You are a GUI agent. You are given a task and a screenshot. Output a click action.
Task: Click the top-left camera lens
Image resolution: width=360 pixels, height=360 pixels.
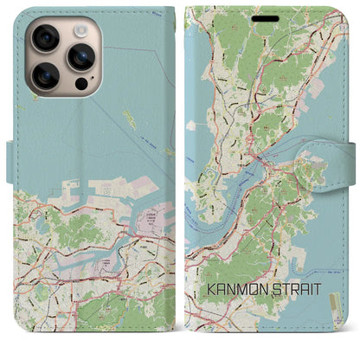coord(45,37)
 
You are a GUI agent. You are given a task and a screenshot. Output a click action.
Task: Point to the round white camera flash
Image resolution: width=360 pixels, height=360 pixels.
coord(80,29)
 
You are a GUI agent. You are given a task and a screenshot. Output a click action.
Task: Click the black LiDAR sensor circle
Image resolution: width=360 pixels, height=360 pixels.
coord(80,84)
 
